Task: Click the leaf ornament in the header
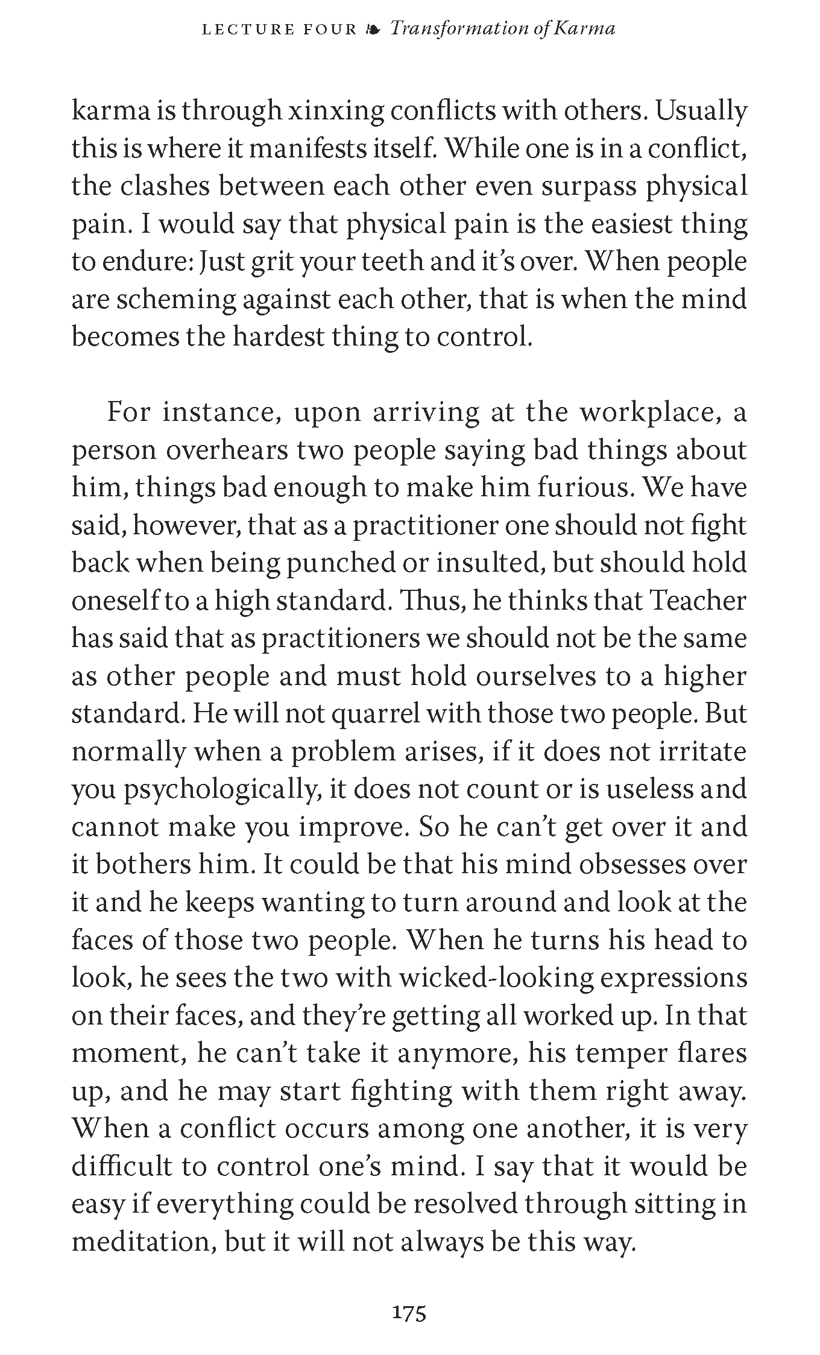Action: click(373, 29)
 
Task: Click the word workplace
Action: click(646, 413)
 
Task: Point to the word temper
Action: click(610, 1053)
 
